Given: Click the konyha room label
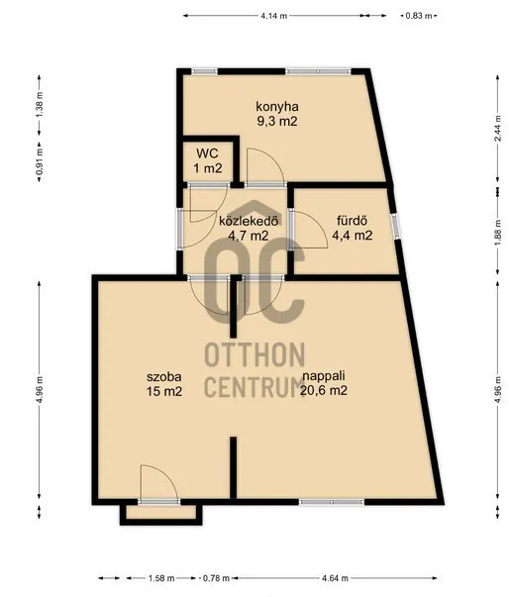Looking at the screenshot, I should (x=276, y=106).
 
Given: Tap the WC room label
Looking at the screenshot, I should (x=207, y=153).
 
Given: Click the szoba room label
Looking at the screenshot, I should (x=164, y=376).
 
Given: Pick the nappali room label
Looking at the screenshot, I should (x=324, y=376).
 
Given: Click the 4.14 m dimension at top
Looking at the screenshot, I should (x=274, y=17).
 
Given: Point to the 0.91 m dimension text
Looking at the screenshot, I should (x=40, y=161).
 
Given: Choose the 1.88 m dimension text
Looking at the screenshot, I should (x=497, y=230).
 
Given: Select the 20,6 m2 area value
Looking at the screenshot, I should (x=324, y=390).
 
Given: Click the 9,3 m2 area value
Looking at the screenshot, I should (x=276, y=120).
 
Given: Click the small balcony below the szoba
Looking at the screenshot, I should (x=160, y=514).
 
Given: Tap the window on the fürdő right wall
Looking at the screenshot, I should (x=396, y=226).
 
